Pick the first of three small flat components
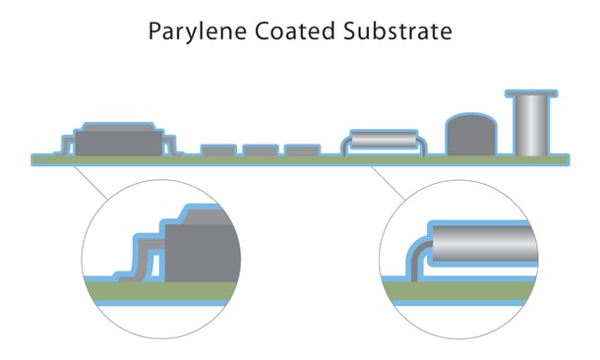click(217, 150)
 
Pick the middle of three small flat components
click(260, 150)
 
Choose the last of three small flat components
click(302, 150)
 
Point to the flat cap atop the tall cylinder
click(532, 94)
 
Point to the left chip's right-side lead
click(168, 148)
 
